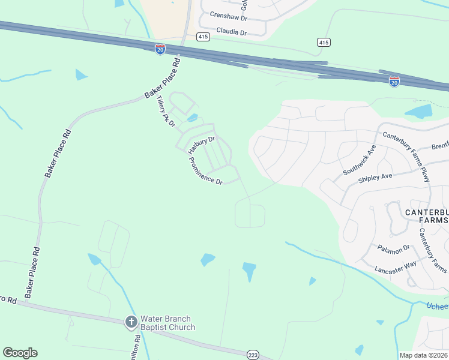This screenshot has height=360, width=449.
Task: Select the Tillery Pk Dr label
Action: pyautogui.click(x=163, y=112)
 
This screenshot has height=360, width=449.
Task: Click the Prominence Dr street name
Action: pyautogui.click(x=206, y=171)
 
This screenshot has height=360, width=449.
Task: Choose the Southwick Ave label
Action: pyautogui.click(x=359, y=160)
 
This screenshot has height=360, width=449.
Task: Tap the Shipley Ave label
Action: pyautogui.click(x=375, y=177)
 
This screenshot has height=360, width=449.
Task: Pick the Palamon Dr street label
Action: pyautogui.click(x=394, y=247)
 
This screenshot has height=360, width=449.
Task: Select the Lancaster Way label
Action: pyautogui.click(x=395, y=268)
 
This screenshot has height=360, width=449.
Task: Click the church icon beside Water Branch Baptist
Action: pyautogui.click(x=131, y=322)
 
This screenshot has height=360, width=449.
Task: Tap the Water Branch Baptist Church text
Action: pyautogui.click(x=167, y=323)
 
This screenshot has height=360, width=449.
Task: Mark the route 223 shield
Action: pyautogui.click(x=253, y=355)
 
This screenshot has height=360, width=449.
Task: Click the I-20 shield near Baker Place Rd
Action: pyautogui.click(x=160, y=49)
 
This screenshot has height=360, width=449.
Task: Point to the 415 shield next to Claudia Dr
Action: pyautogui.click(x=203, y=37)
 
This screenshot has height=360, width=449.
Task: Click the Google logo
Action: pyautogui.click(x=20, y=353)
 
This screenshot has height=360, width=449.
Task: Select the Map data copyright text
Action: pyautogui.click(x=424, y=355)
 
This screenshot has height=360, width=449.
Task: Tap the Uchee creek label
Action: pyautogui.click(x=436, y=306)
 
